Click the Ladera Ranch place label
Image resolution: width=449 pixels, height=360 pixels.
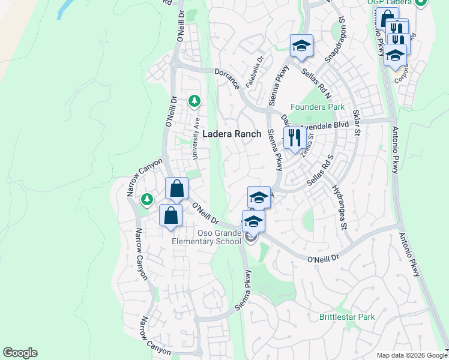(x=232, y=134)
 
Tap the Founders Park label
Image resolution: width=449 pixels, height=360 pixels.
(x=318, y=107)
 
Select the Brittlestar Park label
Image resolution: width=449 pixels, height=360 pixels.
(x=347, y=316)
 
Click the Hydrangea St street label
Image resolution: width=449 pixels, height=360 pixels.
(x=340, y=207)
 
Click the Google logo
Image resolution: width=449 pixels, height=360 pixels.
(x=20, y=353)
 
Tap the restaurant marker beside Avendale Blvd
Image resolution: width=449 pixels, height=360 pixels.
(x=293, y=138)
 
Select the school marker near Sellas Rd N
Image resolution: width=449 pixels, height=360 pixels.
(x=301, y=46)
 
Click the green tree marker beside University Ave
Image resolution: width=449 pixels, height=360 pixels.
(x=194, y=101)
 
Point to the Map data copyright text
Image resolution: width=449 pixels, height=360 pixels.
(x=411, y=355)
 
